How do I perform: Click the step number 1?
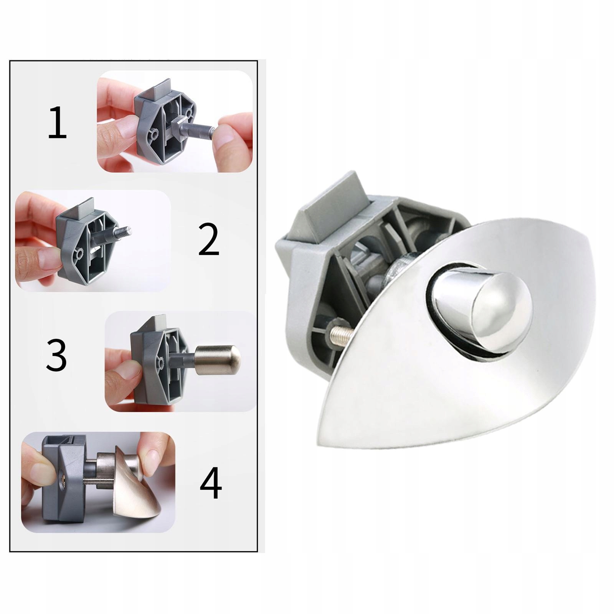click(57, 123)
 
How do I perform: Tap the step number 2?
click(209, 239)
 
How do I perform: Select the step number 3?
click(56, 355)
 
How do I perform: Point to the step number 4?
click(211, 482)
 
